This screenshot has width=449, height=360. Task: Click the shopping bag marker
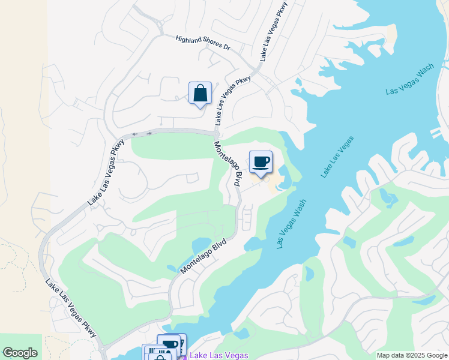coord(200,94)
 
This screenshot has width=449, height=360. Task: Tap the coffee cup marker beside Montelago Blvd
coord(261,162)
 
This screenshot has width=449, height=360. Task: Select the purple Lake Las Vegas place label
coord(218,355)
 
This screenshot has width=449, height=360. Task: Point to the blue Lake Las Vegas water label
coord(337,157)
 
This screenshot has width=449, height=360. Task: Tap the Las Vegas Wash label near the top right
coord(409,79)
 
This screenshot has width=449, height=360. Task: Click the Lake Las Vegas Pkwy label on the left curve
coord(105,173)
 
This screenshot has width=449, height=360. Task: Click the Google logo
coord(20,353)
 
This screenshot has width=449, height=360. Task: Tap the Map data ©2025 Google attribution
coord(411,355)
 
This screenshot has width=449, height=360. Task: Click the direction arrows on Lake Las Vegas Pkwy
coord(142,133)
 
